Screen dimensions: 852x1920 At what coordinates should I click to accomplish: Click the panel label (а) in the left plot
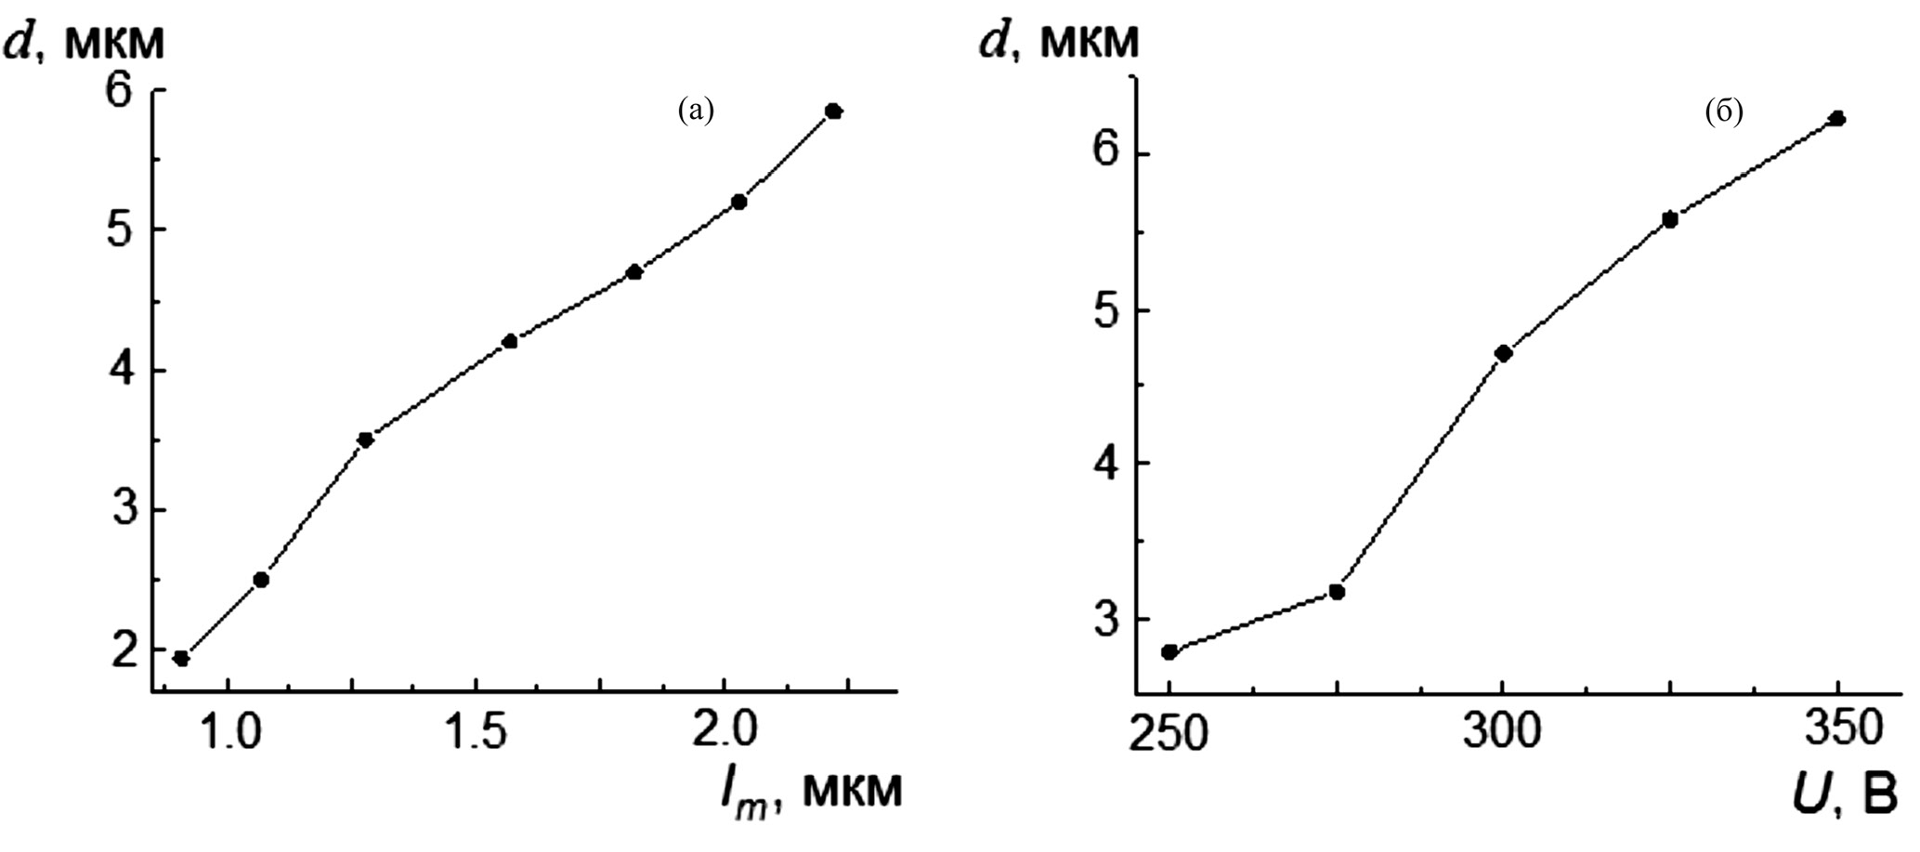696,111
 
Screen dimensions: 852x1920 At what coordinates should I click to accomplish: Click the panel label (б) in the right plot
1723,112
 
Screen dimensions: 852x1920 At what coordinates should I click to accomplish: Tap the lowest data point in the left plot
181,659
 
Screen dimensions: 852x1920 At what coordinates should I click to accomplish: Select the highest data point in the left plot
833,111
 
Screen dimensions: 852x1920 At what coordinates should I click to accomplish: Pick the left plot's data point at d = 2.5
261,580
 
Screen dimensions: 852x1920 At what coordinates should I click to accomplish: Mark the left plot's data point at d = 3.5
365,439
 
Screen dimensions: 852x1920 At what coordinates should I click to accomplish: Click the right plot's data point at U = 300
1504,353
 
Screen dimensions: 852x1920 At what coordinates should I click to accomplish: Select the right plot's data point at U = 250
1169,651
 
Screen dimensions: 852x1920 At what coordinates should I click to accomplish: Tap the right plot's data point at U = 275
1337,592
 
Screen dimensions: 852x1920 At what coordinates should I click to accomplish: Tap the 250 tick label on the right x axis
1169,737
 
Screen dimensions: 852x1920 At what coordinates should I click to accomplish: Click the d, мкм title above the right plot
1059,42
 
